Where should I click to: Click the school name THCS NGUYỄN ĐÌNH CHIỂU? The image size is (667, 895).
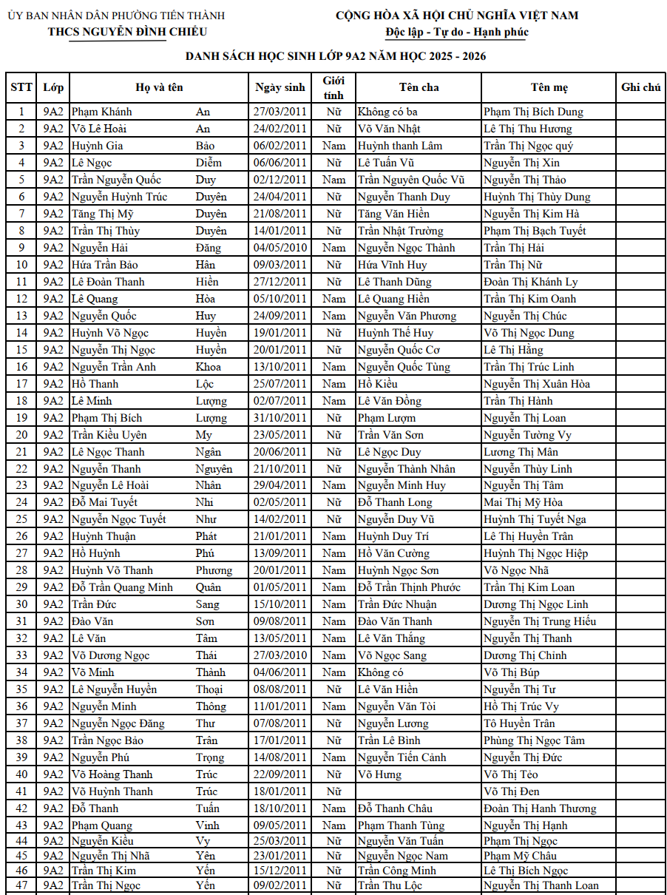(127, 32)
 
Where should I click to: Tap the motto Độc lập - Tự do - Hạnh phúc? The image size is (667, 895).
(457, 32)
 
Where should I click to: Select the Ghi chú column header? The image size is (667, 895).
(640, 87)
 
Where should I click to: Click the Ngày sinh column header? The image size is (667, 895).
(280, 87)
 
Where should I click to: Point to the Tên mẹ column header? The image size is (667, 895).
(549, 87)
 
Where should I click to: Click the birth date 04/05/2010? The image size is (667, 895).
(280, 248)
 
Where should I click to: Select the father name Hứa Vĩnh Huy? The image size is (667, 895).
(392, 265)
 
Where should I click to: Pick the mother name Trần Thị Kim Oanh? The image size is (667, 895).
(529, 299)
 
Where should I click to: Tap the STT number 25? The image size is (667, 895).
(21, 519)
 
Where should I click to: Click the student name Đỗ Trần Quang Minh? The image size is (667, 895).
(122, 587)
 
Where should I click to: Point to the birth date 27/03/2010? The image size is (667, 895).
(280, 655)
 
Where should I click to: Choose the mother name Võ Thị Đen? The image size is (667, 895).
(511, 791)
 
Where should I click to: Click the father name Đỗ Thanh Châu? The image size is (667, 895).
(395, 808)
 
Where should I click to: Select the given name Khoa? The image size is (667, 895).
(208, 367)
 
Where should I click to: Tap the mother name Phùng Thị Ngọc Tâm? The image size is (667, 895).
(534, 740)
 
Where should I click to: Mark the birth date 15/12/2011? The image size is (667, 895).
(280, 871)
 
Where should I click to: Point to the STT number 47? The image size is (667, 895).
(21, 885)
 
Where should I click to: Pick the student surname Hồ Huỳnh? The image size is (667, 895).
(95, 553)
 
